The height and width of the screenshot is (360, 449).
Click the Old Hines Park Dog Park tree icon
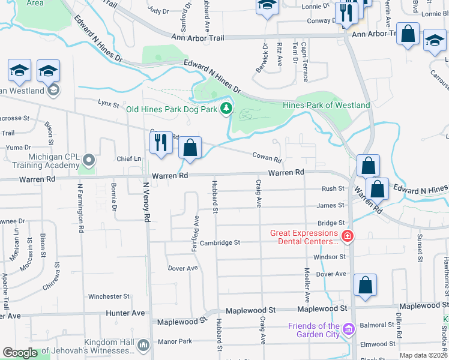226,109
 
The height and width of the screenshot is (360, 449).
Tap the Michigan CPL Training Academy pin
89,160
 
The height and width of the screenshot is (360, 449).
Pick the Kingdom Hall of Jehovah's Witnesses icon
143,345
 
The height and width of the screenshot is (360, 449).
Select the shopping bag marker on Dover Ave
365,286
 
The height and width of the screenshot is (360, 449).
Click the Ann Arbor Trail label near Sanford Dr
197,38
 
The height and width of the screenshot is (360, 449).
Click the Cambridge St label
220,242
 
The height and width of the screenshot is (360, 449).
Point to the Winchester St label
109,296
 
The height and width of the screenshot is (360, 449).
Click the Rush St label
333,188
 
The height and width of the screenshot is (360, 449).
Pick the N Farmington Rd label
79,208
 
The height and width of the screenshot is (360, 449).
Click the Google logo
20,353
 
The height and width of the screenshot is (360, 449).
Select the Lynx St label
109,103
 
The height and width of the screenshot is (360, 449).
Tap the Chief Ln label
128,159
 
